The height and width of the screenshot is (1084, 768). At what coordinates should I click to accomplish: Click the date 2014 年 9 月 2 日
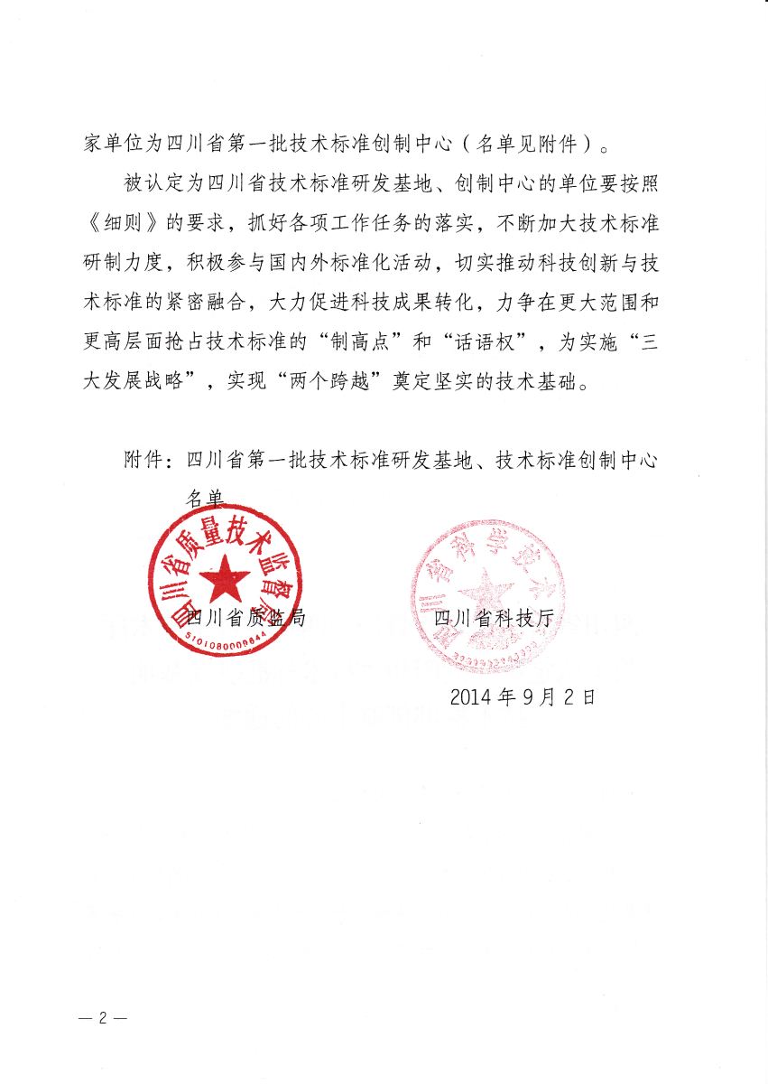[x=523, y=696]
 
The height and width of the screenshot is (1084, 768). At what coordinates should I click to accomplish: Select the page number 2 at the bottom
[x=102, y=1017]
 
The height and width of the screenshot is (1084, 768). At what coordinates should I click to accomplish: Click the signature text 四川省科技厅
[x=493, y=618]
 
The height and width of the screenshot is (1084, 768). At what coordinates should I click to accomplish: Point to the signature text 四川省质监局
[x=245, y=618]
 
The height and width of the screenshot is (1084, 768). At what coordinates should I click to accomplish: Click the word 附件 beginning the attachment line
[x=143, y=460]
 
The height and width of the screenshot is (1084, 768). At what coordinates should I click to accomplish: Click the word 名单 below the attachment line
[x=205, y=498]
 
